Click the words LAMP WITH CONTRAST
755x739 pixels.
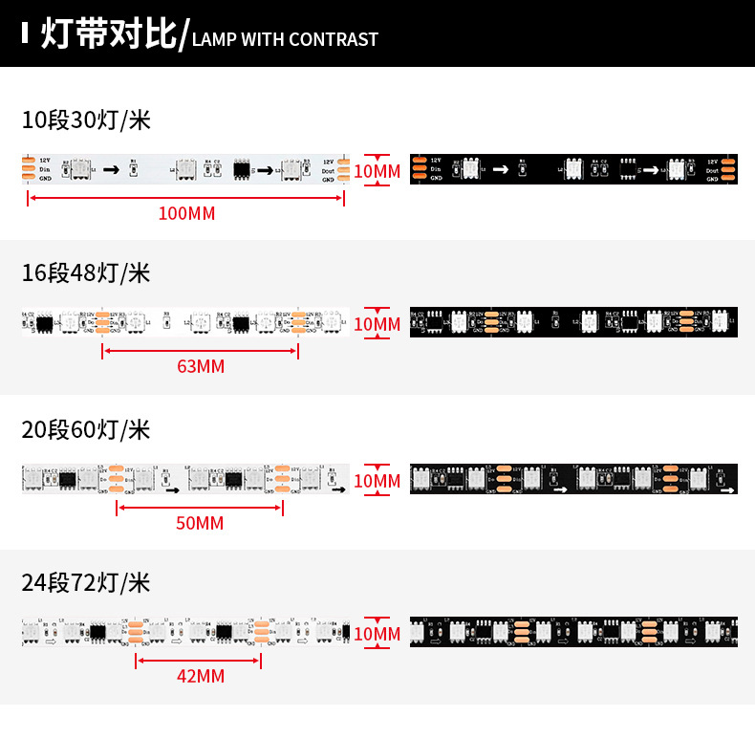(x=285, y=39)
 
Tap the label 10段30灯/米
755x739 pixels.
(x=86, y=120)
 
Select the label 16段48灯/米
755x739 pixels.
(x=86, y=273)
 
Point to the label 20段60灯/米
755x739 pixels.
(x=86, y=429)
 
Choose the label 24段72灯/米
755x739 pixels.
(x=86, y=582)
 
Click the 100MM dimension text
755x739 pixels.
(x=186, y=213)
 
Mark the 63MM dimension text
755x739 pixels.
(x=201, y=366)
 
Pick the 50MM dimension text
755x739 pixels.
(x=200, y=523)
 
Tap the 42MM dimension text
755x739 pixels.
(x=201, y=676)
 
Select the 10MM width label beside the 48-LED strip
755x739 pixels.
(x=377, y=324)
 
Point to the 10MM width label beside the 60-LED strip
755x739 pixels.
(x=377, y=481)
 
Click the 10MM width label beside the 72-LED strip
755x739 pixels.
(x=377, y=634)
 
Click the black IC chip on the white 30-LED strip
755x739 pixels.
(x=242, y=170)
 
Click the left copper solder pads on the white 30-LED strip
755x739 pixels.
(x=30, y=168)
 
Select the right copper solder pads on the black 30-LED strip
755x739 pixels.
(x=729, y=169)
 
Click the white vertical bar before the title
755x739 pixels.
(x=25, y=34)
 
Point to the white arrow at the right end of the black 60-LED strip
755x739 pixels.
(x=727, y=490)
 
